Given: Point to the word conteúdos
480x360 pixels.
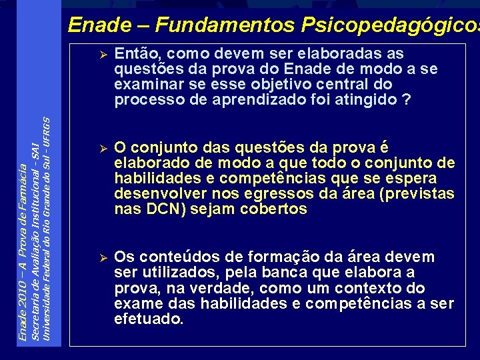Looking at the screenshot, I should [x=173, y=257].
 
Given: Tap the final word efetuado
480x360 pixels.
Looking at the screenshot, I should [x=149, y=319].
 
